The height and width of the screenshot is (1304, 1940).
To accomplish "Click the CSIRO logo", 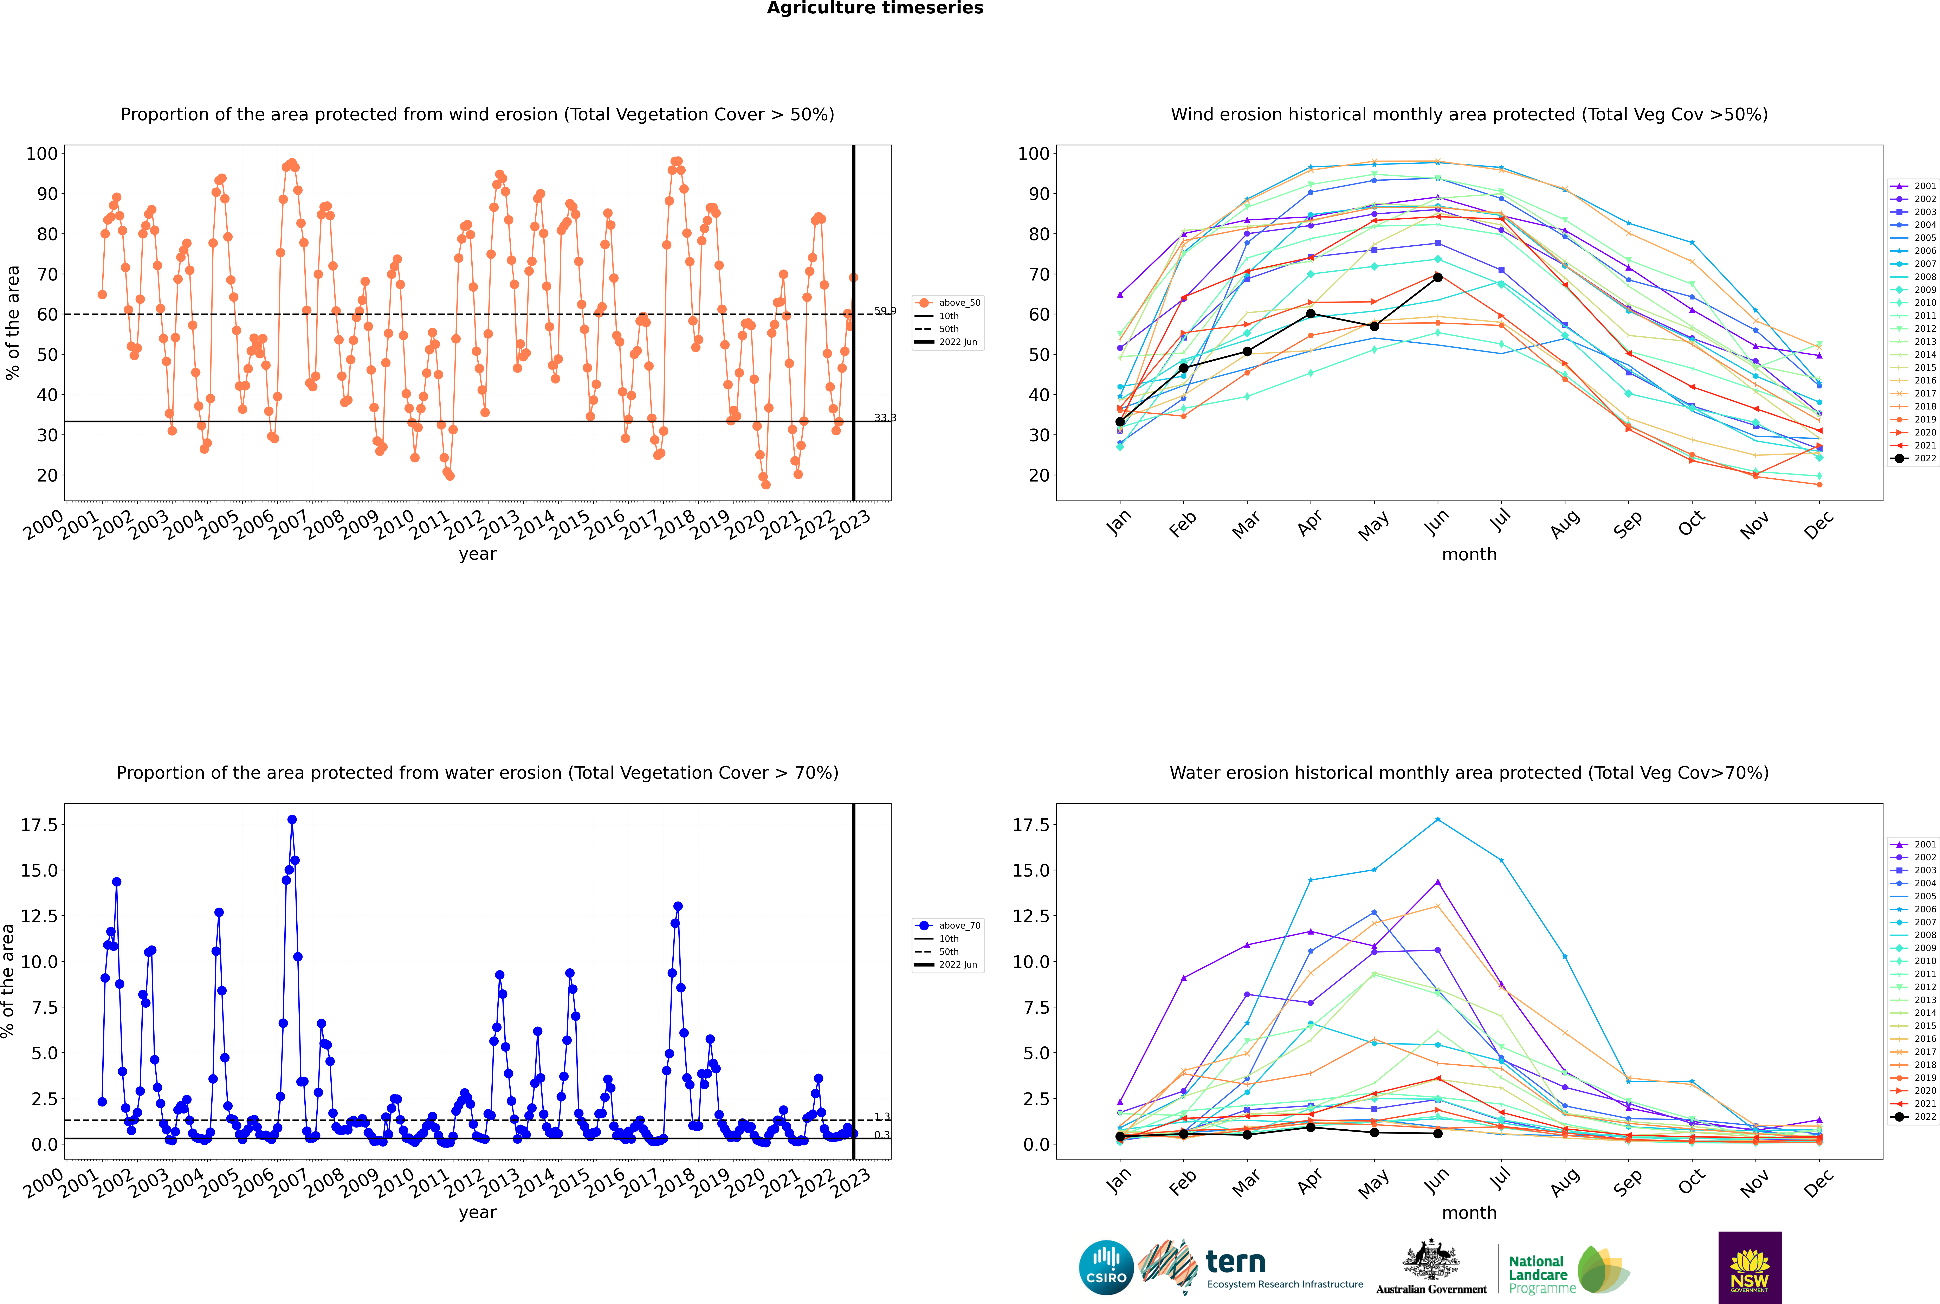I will (1106, 1267).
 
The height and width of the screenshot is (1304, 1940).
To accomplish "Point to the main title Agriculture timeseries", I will (875, 8).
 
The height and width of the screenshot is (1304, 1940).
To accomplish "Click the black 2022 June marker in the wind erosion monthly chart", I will (1438, 277).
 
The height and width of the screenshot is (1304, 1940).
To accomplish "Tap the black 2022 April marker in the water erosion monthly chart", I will (1311, 1127).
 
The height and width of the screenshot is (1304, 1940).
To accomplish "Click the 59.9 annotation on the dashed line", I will (885, 311).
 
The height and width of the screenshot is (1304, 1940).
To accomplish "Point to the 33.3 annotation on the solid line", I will (885, 418).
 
